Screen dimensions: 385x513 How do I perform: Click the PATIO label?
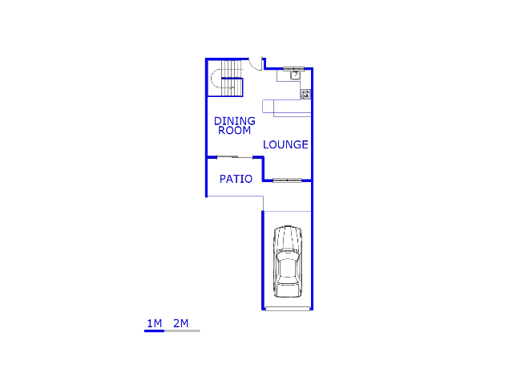[x=236, y=179]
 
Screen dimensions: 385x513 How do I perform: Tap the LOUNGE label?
[x=285, y=145]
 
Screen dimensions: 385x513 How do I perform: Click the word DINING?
[x=234, y=121]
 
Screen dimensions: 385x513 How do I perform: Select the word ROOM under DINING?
[x=234, y=130]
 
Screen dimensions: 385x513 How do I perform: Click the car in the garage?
[x=287, y=261]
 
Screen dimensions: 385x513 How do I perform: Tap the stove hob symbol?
[x=305, y=95]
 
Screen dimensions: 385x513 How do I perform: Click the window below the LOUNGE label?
[x=286, y=180]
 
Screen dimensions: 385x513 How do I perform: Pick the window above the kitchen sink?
[x=293, y=68]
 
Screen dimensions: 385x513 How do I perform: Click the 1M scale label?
[x=154, y=323]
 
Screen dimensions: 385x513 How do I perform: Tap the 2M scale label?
[x=180, y=323]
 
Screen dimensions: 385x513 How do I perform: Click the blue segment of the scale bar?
[x=154, y=330]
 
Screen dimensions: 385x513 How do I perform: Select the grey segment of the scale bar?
[x=182, y=330]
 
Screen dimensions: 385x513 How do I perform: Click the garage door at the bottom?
[x=287, y=309]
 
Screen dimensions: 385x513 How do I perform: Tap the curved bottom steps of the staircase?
[x=216, y=79]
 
